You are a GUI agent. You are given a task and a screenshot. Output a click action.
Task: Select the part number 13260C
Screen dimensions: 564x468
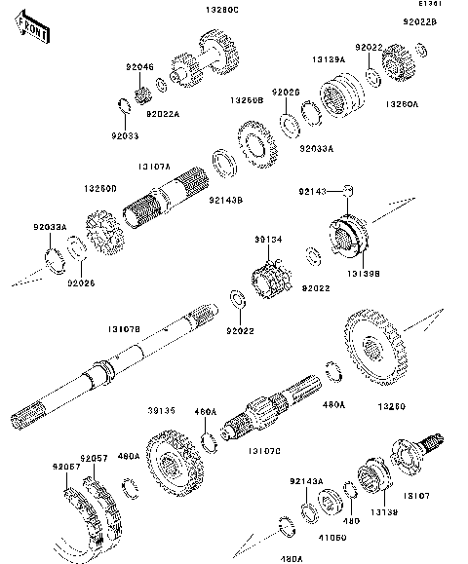pyautogui.click(x=220, y=10)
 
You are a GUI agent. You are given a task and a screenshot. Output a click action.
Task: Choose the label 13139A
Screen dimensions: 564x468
pyautogui.click(x=329, y=60)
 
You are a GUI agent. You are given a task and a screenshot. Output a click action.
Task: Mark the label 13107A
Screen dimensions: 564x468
pyautogui.click(x=154, y=165)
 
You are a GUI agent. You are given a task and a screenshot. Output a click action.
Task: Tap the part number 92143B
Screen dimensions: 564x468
pyautogui.click(x=225, y=201)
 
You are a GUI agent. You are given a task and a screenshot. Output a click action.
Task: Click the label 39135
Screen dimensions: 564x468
pyautogui.click(x=162, y=412)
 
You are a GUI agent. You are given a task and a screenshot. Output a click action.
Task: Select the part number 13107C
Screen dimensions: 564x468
pyautogui.click(x=264, y=451)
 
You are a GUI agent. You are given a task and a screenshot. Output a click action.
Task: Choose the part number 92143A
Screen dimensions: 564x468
pyautogui.click(x=305, y=481)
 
